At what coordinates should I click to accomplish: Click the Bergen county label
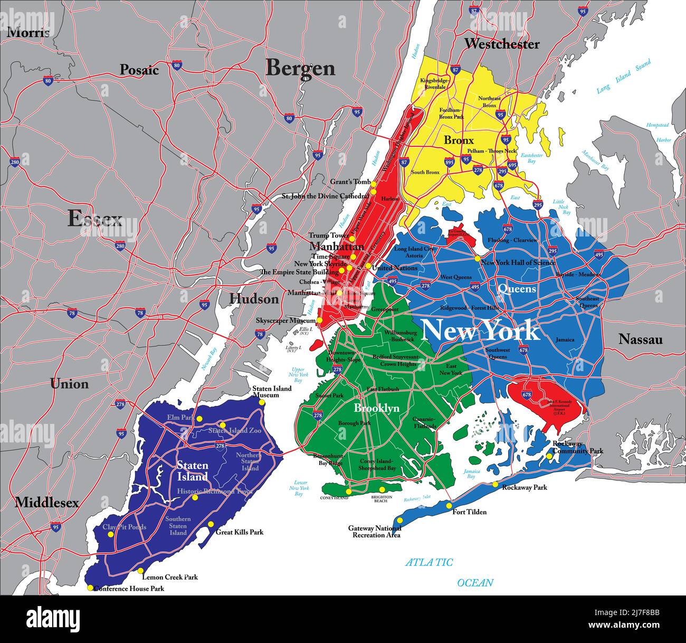pos(300,68)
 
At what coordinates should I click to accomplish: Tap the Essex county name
pos(95,219)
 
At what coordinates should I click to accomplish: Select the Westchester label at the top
pos(501,44)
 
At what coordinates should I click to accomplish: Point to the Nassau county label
pos(640,339)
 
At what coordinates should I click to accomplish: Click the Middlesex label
pos(46,503)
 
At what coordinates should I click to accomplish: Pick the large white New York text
pos(480,331)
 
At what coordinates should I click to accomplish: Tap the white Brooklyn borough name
pos(376,409)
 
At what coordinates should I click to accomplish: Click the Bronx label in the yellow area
pos(458,141)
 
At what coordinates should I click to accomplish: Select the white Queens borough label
pos(517,289)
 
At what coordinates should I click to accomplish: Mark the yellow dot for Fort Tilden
pos(449,506)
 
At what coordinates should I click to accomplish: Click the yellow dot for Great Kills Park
pos(211,524)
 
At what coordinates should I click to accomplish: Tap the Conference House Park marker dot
pos(90,588)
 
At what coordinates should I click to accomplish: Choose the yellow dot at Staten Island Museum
pos(262,402)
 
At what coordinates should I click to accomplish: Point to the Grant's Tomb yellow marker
pos(373,184)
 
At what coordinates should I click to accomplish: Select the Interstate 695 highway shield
pos(512,165)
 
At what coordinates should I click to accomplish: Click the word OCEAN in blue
pos(475,583)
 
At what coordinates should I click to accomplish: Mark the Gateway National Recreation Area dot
pos(399,521)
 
